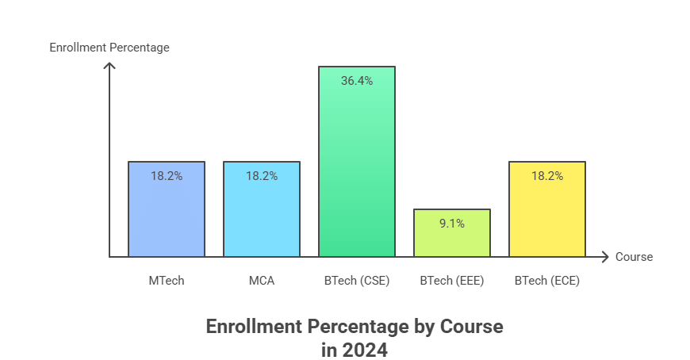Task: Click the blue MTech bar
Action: tap(167, 214)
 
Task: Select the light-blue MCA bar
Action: tap(262, 214)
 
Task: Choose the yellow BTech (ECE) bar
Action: tap(547, 214)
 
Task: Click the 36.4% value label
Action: tap(357, 81)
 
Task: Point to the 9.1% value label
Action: tap(452, 224)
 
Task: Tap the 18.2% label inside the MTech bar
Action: tap(167, 176)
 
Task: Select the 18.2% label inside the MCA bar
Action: tap(262, 176)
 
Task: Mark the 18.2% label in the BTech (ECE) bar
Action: tap(547, 176)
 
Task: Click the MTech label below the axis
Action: tap(167, 281)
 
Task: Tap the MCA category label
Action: tap(262, 281)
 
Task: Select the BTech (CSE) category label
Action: tap(357, 281)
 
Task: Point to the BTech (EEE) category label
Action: tap(452, 281)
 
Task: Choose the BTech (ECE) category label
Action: tap(547, 281)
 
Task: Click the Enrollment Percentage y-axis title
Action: tap(109, 48)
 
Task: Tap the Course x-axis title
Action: tap(634, 257)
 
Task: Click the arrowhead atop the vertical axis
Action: tap(109, 66)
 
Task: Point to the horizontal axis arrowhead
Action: tap(604, 257)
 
